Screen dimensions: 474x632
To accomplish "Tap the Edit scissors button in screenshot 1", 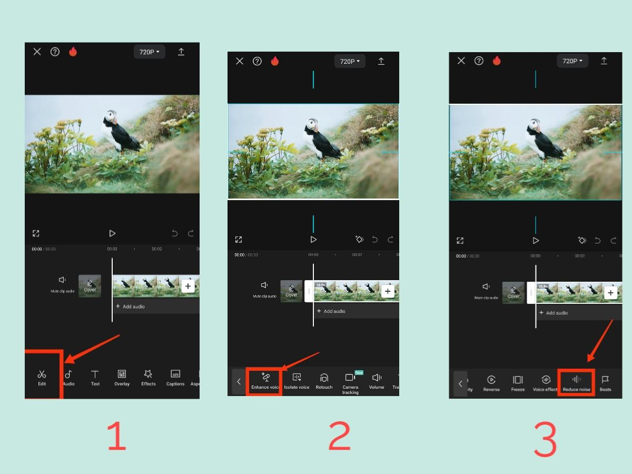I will tap(42, 377).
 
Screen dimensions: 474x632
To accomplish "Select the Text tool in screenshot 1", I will tap(95, 377).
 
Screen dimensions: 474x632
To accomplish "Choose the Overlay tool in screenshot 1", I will tap(122, 377).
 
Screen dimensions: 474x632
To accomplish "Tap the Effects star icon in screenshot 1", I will tap(149, 377).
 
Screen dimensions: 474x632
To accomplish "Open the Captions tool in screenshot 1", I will tap(175, 377).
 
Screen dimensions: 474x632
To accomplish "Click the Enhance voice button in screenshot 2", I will tap(265, 381).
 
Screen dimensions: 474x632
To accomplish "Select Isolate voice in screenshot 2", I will tap(297, 381).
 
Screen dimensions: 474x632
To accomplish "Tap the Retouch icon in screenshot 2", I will tap(324, 381).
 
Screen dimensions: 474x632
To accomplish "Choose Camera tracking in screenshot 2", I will tap(350, 381).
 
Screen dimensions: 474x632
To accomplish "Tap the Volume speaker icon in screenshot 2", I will tap(377, 381).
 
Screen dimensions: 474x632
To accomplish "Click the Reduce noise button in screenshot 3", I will tap(577, 382).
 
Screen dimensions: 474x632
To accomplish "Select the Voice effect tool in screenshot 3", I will tap(546, 382).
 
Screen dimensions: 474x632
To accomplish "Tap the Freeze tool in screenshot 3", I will tap(518, 382).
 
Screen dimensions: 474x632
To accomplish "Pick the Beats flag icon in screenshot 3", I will tap(605, 382).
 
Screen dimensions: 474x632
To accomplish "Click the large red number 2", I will tap(339, 437).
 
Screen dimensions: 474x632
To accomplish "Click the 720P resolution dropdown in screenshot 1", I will tap(150, 52).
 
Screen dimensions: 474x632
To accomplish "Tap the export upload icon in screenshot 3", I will tap(604, 61).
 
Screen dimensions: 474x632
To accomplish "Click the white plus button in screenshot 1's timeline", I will tap(188, 286).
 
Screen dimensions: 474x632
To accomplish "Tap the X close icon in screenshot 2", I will tap(240, 61).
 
